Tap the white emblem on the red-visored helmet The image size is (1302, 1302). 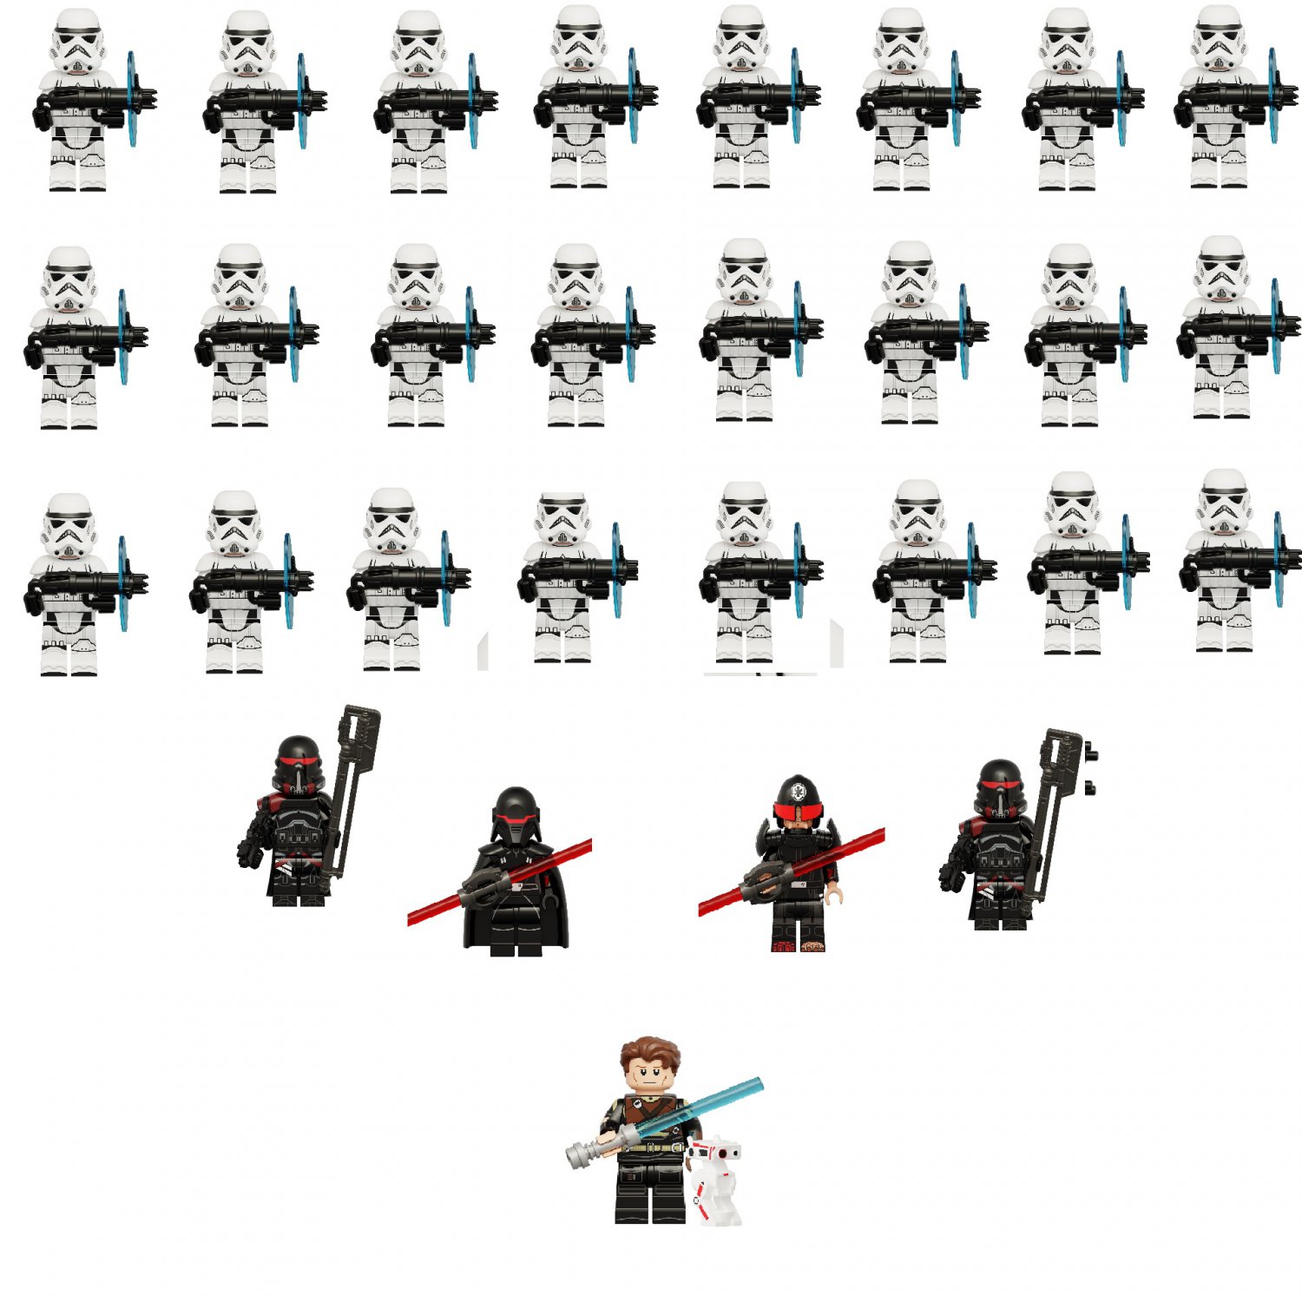click(796, 791)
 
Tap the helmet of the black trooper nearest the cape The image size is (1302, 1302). click(298, 762)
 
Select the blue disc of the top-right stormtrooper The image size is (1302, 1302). click(1272, 95)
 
